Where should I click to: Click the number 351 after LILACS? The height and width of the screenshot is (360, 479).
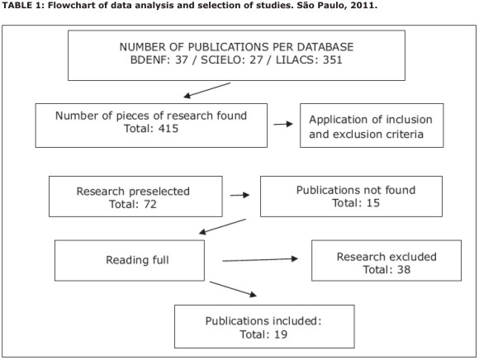point(332,59)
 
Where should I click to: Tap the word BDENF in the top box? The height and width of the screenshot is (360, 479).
point(149,59)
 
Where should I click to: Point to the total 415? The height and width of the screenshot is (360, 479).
point(168,129)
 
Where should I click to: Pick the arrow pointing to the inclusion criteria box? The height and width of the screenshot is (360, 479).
point(283,124)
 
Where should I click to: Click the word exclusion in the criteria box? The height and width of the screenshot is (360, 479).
point(357,135)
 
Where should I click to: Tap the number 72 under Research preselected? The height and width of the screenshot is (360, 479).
point(150,204)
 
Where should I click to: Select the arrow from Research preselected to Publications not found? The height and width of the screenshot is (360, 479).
point(239,195)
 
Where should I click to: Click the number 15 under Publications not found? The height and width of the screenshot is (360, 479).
point(373,203)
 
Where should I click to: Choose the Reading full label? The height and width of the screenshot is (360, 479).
point(137,260)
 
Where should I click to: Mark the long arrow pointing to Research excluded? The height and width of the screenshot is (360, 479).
point(260,260)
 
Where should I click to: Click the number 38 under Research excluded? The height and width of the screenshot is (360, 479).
point(404,270)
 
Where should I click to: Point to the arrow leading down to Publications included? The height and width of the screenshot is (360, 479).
point(233,289)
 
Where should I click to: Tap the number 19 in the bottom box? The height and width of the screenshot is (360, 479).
point(281,334)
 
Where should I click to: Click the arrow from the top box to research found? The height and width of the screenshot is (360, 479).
point(206,90)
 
